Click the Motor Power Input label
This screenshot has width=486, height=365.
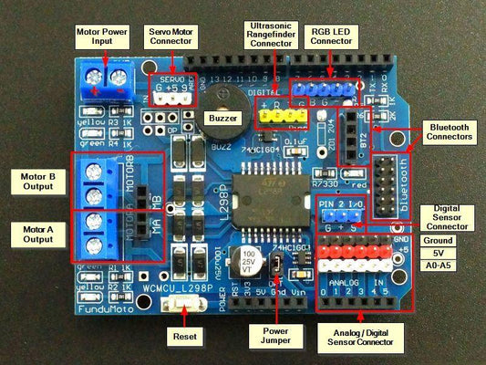click(x=103, y=36)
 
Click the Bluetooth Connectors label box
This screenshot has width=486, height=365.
click(x=450, y=130)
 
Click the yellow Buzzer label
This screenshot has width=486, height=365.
click(x=223, y=119)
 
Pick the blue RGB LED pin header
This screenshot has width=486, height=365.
click(x=321, y=88)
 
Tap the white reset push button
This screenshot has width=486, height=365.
click(x=182, y=310)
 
